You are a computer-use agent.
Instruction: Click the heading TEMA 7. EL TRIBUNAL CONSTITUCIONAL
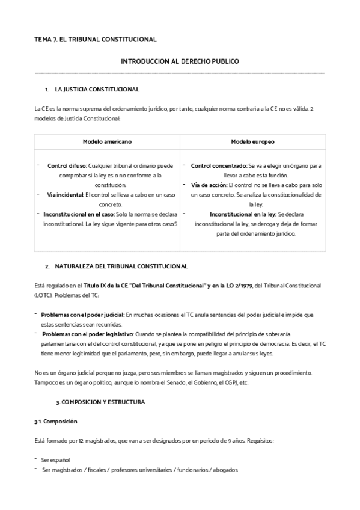pyautogui.click(x=96, y=40)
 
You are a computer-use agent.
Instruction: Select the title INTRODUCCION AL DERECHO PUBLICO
pyautogui.click(x=180, y=61)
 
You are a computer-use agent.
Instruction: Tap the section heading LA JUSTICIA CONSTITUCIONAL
pyautogui.click(x=97, y=90)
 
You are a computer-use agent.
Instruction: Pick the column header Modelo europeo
pyautogui.click(x=252, y=142)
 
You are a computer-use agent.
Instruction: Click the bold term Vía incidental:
pyautogui.click(x=66, y=195)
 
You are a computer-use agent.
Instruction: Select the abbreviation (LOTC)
pyautogui.click(x=44, y=294)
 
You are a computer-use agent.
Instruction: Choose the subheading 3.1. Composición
pyautogui.click(x=56, y=422)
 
